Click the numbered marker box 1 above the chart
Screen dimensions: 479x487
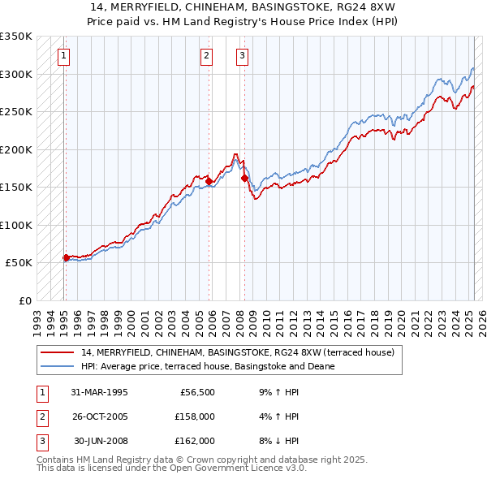[x=63, y=55]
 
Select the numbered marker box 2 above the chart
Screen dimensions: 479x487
[x=207, y=55]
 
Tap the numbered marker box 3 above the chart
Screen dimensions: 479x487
[x=243, y=55]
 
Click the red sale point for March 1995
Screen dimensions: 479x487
[x=66, y=258]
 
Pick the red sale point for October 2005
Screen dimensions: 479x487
[x=209, y=181]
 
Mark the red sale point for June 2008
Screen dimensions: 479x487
[x=244, y=179]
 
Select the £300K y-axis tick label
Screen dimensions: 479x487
[x=16, y=74]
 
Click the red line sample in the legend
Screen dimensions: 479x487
[x=57, y=352]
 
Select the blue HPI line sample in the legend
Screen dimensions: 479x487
[x=57, y=366]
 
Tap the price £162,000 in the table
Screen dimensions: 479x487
[x=194, y=441]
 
